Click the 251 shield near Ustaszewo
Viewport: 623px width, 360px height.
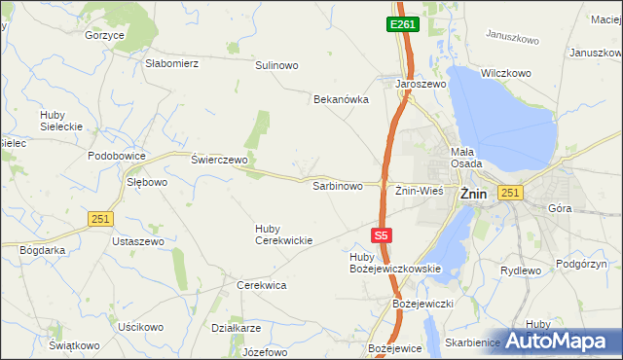pos(100,220)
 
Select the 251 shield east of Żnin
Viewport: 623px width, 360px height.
pos(512,194)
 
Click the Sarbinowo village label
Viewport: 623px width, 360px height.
pos(337,185)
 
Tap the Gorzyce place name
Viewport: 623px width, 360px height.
pos(104,35)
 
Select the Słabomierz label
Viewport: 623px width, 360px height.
pos(171,63)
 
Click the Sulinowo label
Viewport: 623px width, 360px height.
pos(276,65)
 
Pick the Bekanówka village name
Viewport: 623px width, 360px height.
pos(341,99)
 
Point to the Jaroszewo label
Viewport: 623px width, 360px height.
pos(420,85)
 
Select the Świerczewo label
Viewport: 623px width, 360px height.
pos(220,160)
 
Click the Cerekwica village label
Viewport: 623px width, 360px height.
pos(261,285)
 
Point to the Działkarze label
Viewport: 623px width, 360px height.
pos(236,328)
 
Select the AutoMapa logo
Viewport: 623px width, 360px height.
pos(558,341)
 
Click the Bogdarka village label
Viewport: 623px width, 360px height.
pos(42,250)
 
